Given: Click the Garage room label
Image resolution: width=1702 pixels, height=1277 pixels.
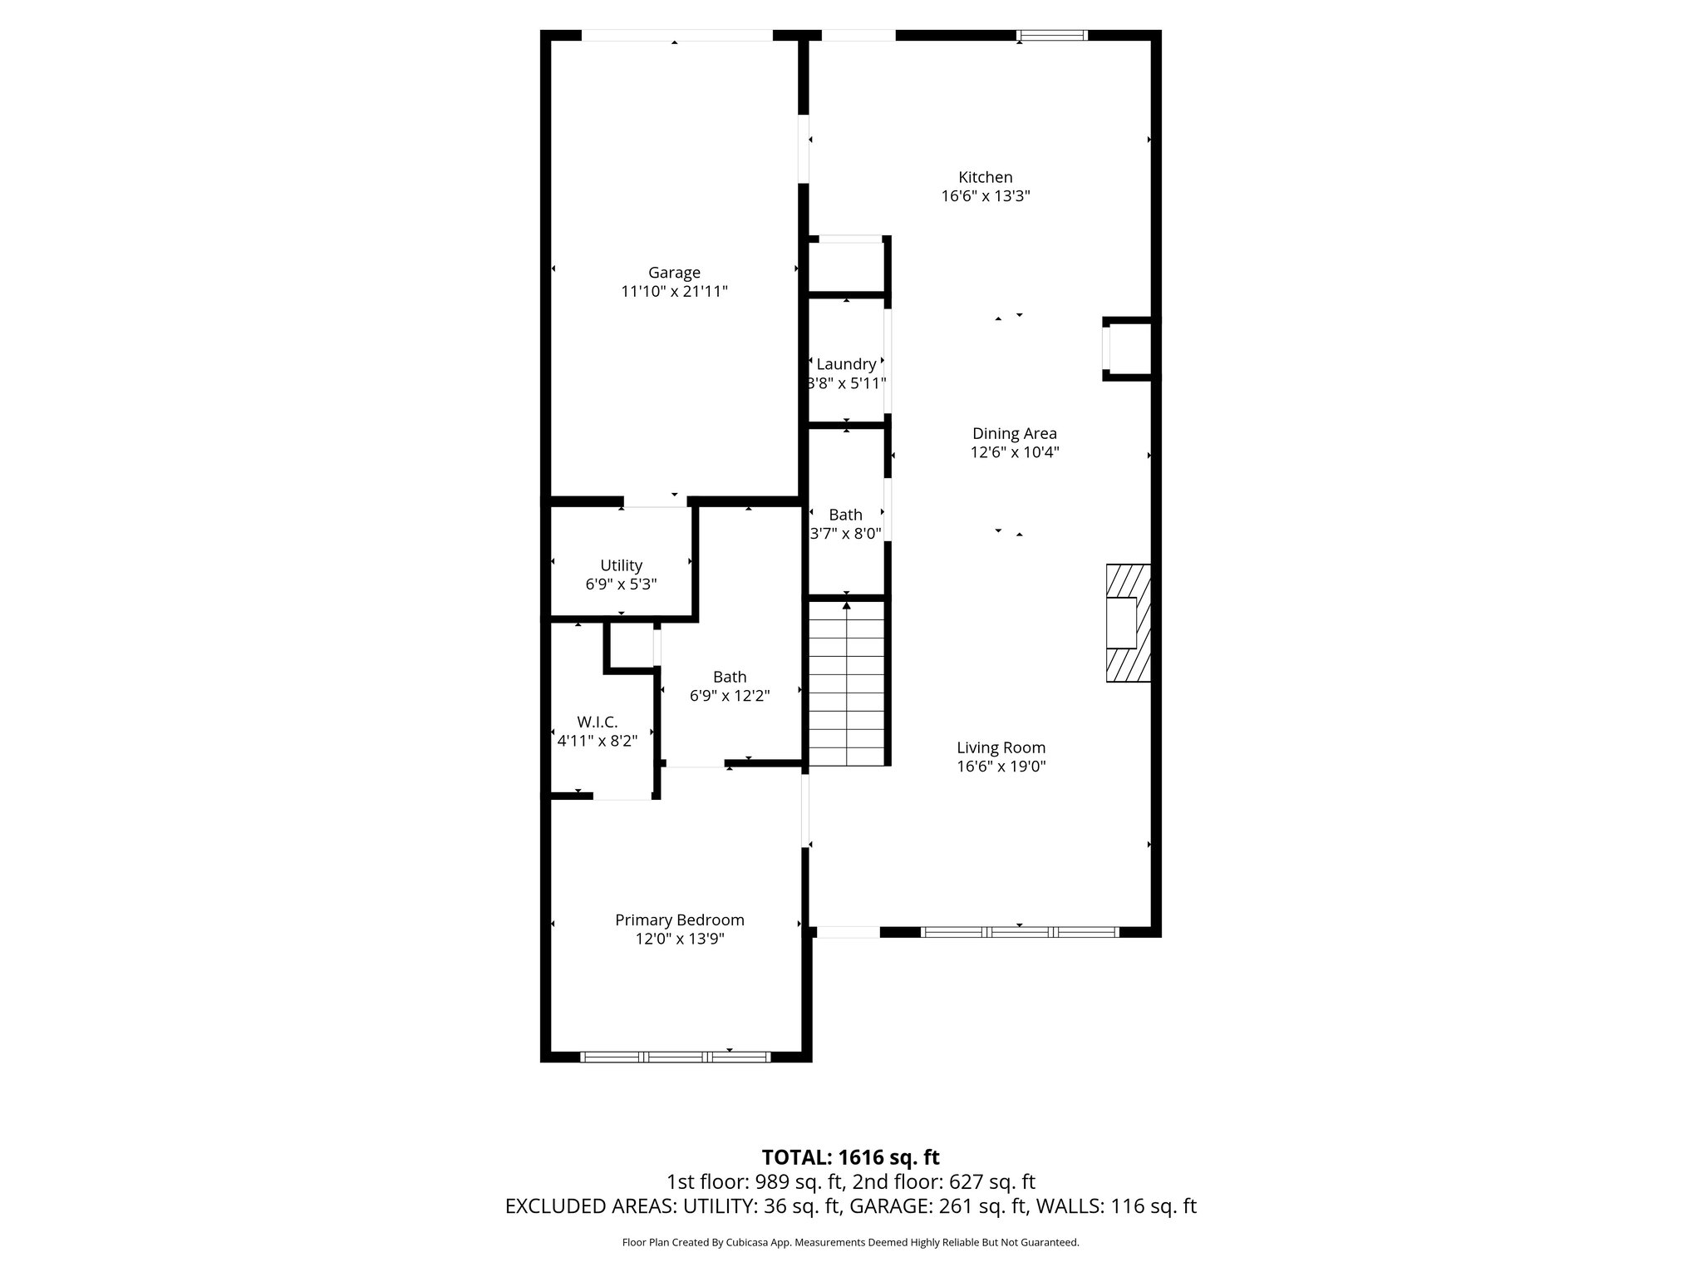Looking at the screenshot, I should point(674,273).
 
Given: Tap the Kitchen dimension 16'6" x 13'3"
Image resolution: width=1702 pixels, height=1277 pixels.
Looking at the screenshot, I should point(986,197).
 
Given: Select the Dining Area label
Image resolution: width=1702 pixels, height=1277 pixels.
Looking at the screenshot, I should point(1015,433).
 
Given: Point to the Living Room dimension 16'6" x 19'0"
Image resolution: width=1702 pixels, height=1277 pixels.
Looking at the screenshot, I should point(1001,767).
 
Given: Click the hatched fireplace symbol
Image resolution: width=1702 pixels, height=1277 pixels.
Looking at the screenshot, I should point(1129,624).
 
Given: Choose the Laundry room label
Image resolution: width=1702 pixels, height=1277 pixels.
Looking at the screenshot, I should point(846,364).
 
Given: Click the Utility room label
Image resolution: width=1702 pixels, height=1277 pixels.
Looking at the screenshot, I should point(621,565).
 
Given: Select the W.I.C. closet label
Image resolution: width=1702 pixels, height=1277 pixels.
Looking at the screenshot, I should point(597,722).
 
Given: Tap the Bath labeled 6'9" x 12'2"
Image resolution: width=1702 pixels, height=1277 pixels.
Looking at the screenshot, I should point(730,687).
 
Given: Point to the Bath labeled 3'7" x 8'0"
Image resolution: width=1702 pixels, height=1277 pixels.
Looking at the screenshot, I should point(845,525).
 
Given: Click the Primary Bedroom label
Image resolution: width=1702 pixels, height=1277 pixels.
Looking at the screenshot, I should point(679,920).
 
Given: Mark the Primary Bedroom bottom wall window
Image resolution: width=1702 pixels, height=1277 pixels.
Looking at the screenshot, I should point(675,1057).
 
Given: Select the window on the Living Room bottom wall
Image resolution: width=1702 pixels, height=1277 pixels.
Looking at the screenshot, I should point(1020,932).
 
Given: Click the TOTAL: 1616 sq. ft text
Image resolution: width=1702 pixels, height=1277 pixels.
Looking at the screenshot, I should point(850,1157).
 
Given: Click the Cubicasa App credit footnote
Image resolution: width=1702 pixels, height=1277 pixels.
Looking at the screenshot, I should point(850,1243).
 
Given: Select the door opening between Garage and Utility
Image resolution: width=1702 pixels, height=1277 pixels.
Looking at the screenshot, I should point(656,501).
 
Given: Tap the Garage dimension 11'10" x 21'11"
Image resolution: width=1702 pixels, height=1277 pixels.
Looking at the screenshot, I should point(674,292).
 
